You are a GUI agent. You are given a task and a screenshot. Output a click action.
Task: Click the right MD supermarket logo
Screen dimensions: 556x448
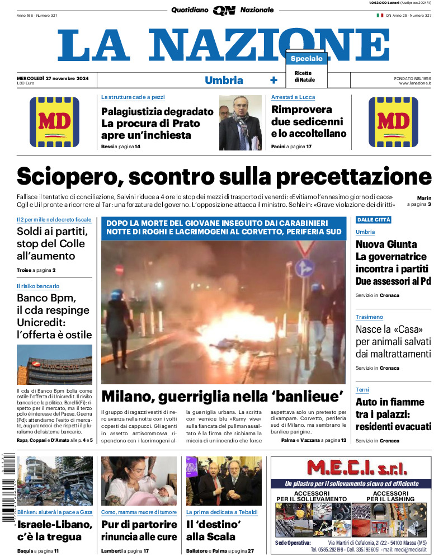[x=393, y=122]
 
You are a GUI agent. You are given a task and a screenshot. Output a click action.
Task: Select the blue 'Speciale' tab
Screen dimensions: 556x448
[x=306, y=59]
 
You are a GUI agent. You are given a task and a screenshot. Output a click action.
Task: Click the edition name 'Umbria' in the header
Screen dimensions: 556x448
[x=224, y=80]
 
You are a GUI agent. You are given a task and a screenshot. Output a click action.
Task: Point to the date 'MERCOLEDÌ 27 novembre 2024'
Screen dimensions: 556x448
[x=56, y=77]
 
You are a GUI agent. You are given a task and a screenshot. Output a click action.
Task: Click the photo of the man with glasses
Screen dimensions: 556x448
[x=240, y=122]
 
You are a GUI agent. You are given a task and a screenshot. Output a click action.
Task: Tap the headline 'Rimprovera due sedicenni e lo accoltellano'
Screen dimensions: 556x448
[x=309, y=121]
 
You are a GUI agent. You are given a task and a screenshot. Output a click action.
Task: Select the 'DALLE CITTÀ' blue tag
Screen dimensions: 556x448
[x=374, y=219]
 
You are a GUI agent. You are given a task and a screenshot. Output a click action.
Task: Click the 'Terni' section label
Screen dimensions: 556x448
[x=363, y=389]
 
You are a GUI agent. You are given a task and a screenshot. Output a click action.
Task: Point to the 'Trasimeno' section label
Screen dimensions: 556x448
[x=369, y=317]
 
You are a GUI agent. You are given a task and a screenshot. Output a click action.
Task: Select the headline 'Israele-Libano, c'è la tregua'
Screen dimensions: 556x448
[x=54, y=530]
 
